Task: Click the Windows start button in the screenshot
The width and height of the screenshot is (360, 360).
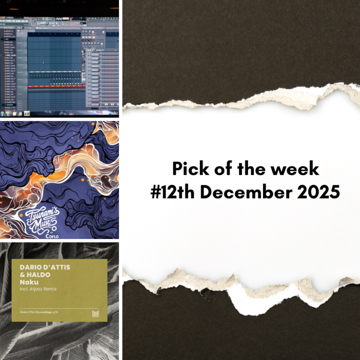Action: pyautogui.click(x=3, y=114)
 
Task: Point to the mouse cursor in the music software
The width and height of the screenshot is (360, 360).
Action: pyautogui.click(x=44, y=63)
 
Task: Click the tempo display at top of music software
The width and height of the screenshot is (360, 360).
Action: pyautogui.click(x=45, y=19)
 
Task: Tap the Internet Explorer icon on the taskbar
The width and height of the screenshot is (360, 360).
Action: pyautogui.click(x=9, y=114)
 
